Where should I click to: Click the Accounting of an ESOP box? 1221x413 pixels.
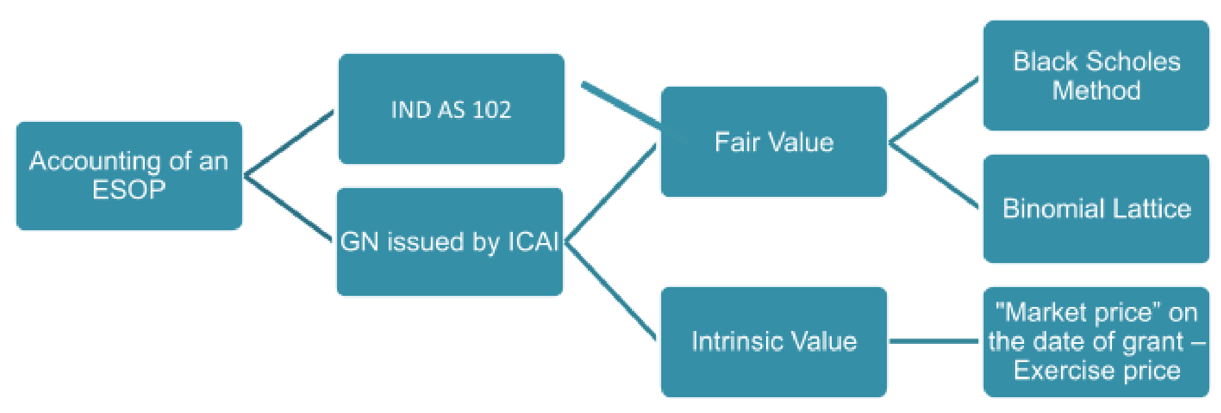[129, 176]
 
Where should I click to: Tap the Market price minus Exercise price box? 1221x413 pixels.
[1096, 342]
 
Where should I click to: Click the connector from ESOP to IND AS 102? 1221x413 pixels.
[289, 143]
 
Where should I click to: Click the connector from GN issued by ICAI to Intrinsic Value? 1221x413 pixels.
[610, 289]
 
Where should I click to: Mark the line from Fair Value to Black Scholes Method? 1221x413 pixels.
[933, 110]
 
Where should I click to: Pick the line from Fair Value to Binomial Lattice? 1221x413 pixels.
[933, 175]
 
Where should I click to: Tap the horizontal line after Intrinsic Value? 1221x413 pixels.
[933, 341]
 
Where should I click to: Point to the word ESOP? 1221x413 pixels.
[129, 190]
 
